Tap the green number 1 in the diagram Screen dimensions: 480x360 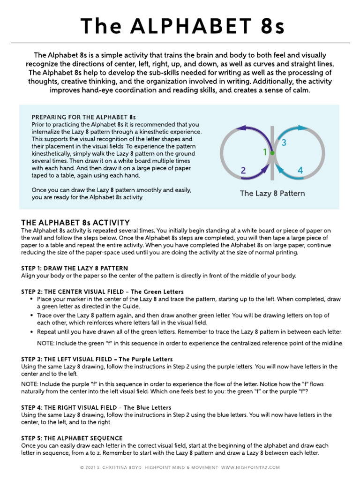pyautogui.click(x=264, y=151)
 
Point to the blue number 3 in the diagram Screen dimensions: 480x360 pyautogui.click(x=284, y=142)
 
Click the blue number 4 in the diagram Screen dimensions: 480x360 pyautogui.click(x=300, y=171)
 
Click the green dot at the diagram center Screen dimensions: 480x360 pyautogui.click(x=272, y=153)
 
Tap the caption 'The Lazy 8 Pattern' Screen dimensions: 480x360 pyautogui.click(x=272, y=193)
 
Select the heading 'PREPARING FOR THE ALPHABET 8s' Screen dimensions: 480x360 pyautogui.click(x=83, y=117)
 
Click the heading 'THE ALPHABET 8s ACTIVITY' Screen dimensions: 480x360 pyautogui.click(x=75, y=222)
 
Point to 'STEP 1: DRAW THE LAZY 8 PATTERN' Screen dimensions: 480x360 pyautogui.click(x=75, y=268)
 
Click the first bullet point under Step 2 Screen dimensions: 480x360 pyautogui.click(x=31, y=299)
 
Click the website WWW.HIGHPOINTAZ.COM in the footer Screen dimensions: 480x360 pyautogui.click(x=250, y=467)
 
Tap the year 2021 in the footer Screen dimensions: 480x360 pyautogui.click(x=92, y=467)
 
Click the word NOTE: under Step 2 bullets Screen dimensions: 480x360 pyautogui.click(x=46, y=343)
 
